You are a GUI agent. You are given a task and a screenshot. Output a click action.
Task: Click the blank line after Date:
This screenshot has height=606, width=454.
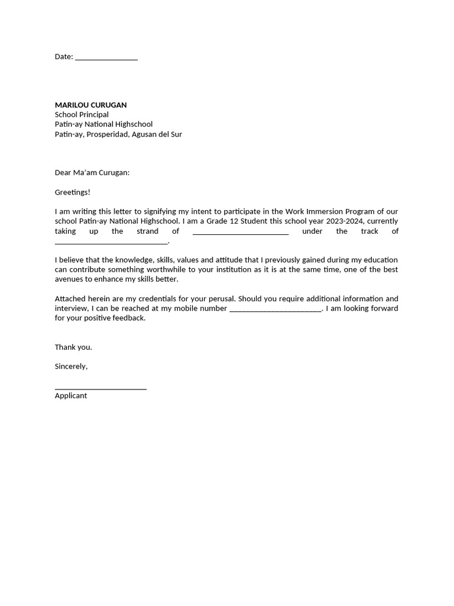point(106,58)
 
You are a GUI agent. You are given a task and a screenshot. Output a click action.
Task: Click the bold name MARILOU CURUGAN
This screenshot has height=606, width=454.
point(90,105)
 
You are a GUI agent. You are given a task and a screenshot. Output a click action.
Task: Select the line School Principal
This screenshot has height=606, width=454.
point(82,115)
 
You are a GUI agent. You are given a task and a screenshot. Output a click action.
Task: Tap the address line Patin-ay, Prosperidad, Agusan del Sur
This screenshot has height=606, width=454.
point(118,134)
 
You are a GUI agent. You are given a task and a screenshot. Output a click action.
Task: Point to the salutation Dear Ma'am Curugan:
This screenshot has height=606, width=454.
point(92,173)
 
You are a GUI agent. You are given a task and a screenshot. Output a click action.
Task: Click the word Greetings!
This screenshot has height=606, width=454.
point(73,192)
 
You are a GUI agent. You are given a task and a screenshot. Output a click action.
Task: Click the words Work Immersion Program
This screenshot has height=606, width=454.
point(322,212)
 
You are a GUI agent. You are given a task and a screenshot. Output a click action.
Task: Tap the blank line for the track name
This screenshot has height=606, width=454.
point(111,242)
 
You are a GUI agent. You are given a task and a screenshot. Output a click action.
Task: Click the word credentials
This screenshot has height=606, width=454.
point(134,299)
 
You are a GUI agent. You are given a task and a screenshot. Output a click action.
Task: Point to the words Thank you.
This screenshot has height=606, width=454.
point(73,347)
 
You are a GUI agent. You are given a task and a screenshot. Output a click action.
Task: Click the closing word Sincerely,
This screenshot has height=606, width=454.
point(71,367)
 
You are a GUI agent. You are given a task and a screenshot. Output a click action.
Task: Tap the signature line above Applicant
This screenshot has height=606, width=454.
point(100,388)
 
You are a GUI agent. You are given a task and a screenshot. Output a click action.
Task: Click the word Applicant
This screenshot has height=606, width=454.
point(71,396)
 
